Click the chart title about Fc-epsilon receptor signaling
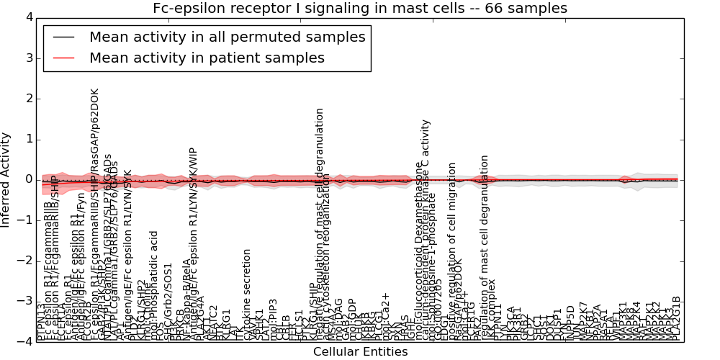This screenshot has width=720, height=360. pyautogui.click(x=359, y=8)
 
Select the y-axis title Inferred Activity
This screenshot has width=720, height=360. pyautogui.click(x=6, y=179)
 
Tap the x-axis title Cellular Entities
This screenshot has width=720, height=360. pyautogui.click(x=360, y=352)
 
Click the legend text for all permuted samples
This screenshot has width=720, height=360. pyautogui.click(x=227, y=37)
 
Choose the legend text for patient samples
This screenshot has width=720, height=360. pyautogui.click(x=207, y=58)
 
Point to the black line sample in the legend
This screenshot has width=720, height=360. pyautogui.click(x=63, y=37)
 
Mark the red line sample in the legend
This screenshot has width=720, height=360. pyautogui.click(x=63, y=58)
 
